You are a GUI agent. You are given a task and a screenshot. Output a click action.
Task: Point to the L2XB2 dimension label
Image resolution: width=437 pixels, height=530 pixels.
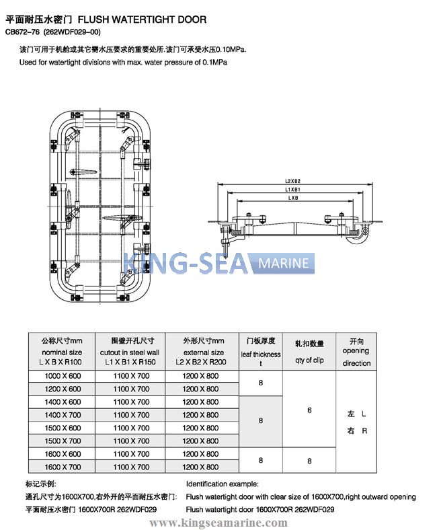click(291, 181)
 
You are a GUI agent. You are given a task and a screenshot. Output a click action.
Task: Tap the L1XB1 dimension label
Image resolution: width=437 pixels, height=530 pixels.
click(291, 190)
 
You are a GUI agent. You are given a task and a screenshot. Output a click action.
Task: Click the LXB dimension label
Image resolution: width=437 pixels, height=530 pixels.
click(291, 198)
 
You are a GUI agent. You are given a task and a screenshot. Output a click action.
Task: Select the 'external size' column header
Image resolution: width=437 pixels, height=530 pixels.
click(203, 352)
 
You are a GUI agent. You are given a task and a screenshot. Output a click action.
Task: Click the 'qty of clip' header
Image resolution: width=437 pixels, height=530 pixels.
click(309, 360)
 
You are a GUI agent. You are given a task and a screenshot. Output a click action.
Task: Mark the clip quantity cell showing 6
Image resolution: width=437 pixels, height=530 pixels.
click(309, 409)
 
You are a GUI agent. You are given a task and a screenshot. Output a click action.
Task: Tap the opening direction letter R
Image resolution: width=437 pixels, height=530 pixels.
click(364, 431)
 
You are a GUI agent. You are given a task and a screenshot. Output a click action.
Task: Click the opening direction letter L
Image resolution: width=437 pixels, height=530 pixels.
click(364, 414)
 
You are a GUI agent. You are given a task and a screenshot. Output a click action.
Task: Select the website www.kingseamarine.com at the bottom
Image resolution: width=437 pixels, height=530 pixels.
click(218, 521)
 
